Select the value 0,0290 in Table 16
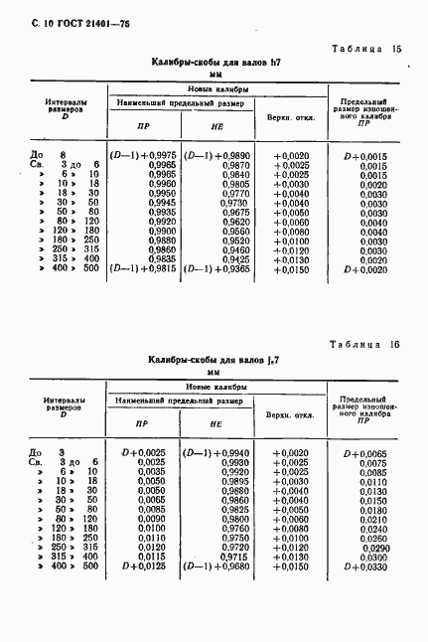tap(372, 547)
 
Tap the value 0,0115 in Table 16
tap(151, 556)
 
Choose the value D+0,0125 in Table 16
tap(143, 565)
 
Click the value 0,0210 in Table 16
tap(372, 518)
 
